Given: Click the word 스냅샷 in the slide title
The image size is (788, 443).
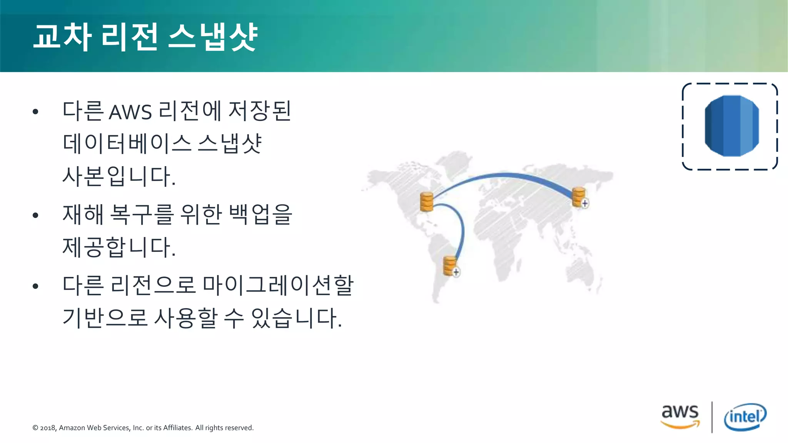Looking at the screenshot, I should (213, 37).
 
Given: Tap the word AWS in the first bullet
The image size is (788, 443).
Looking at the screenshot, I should (130, 112).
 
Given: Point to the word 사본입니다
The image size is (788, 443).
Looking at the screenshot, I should (119, 177).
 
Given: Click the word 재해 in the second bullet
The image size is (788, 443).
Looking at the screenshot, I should (83, 215).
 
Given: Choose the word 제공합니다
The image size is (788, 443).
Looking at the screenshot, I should (119, 247).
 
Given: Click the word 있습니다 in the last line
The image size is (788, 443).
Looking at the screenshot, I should (296, 318).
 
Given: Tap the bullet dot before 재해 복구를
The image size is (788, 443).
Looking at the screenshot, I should (36, 215).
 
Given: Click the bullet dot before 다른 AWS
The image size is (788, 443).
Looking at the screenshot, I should (36, 112).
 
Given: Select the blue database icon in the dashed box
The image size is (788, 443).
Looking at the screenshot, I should (731, 126).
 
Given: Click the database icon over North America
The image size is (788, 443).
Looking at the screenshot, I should (427, 202).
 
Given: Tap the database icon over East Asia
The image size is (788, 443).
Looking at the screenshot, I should (579, 197).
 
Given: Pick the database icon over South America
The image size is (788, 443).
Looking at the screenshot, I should (450, 265).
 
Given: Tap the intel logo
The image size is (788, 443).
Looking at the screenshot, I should (745, 417).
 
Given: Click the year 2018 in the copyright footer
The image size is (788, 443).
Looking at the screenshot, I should (48, 428).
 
